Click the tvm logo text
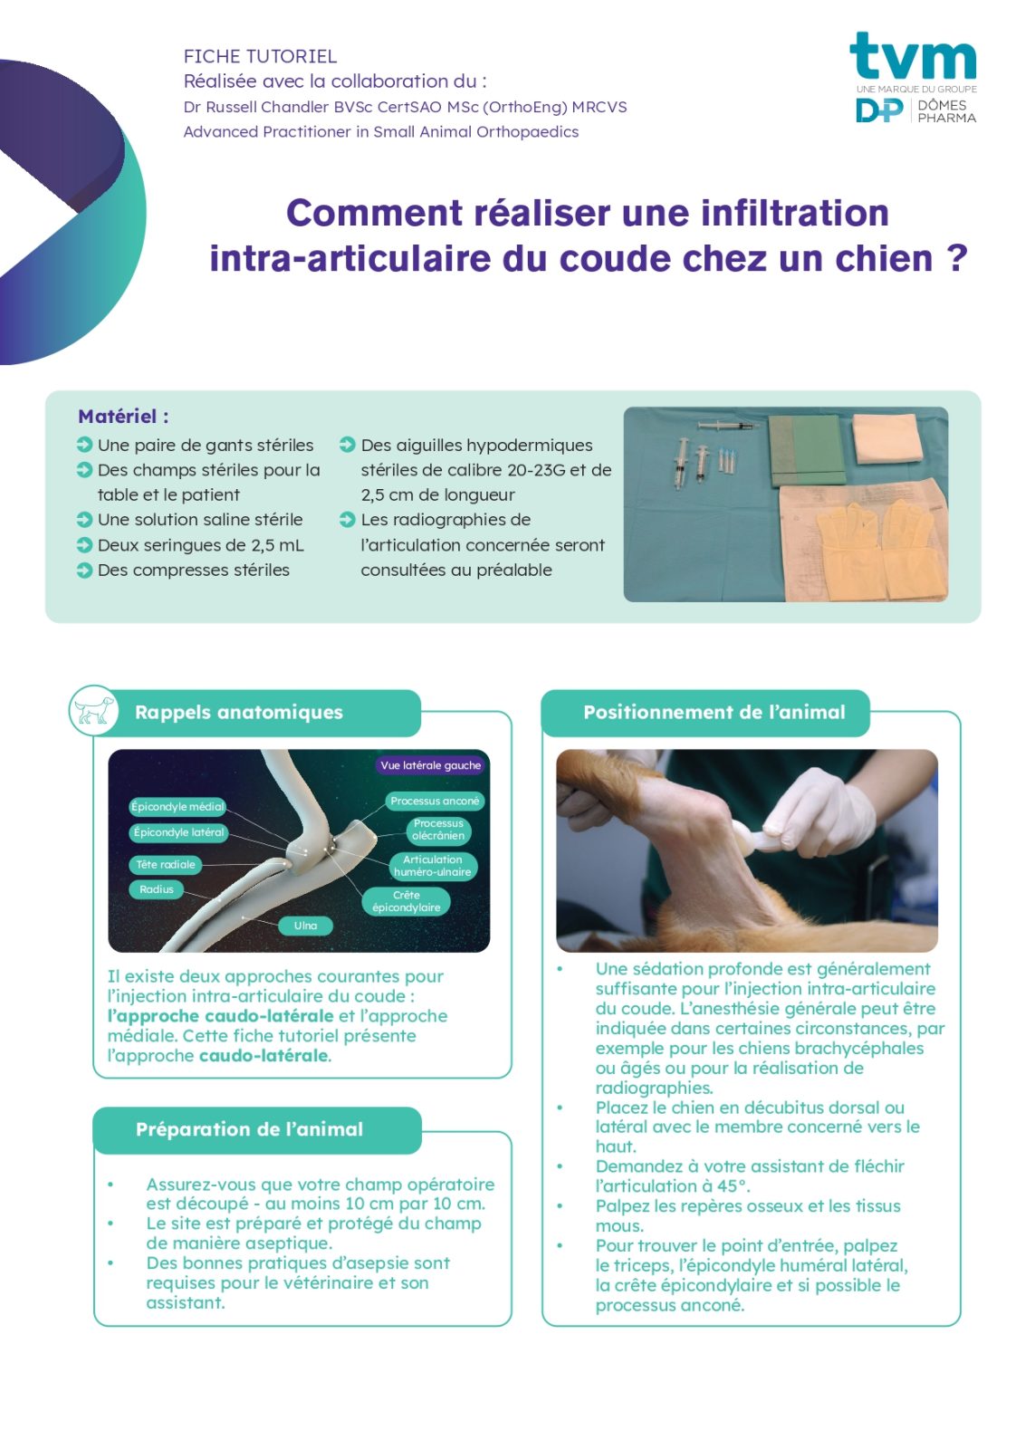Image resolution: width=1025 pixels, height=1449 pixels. pyautogui.click(x=912, y=55)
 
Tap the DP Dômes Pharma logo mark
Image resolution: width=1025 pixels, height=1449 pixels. pyautogui.click(x=879, y=110)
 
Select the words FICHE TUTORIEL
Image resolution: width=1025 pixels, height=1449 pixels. pyautogui.click(x=260, y=56)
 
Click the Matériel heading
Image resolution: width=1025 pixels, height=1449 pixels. pyautogui.click(x=123, y=416)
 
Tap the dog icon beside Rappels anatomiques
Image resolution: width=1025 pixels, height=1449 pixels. pyautogui.click(x=94, y=710)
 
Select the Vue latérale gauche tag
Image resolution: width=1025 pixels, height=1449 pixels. pyautogui.click(x=431, y=765)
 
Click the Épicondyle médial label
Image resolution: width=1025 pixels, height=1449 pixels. pyautogui.click(x=177, y=806)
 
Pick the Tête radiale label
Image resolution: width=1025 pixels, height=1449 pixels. pyautogui.click(x=165, y=864)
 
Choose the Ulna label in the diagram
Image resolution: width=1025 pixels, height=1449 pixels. pyautogui.click(x=305, y=926)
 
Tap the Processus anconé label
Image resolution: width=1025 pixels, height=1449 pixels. pyautogui.click(x=435, y=801)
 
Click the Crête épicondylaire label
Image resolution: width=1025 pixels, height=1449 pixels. pyautogui.click(x=407, y=901)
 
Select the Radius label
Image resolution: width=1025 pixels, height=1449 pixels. pyautogui.click(x=157, y=889)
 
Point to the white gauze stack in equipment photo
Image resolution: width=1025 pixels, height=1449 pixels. pyautogui.click(x=887, y=438)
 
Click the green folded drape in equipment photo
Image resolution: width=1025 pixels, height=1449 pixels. pyautogui.click(x=807, y=449)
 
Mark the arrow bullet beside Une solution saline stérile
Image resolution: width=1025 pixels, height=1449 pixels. pyautogui.click(x=84, y=520)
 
